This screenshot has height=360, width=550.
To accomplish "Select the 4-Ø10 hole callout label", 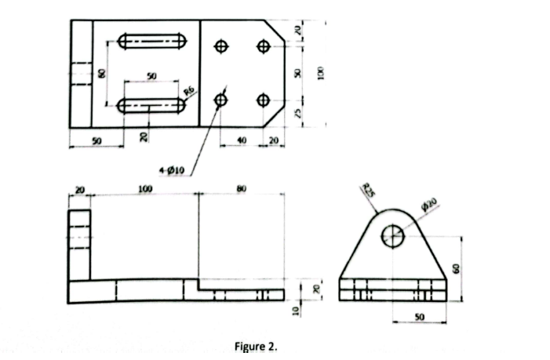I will point(169,170).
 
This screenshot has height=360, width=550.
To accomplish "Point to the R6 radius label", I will point(188,93).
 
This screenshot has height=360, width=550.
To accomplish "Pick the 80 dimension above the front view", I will point(241,189).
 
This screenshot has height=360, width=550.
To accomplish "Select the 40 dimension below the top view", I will point(242,140).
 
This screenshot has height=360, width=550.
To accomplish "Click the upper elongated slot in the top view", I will point(152,40).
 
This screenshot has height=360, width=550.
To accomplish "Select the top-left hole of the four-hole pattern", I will point(221,46).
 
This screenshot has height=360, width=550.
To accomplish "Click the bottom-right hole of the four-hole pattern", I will point(263,100).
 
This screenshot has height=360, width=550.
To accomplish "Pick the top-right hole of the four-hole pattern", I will point(263,46).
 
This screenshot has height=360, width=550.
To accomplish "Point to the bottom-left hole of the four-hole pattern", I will point(221,100).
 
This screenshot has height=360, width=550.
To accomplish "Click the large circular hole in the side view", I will point(393,235).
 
